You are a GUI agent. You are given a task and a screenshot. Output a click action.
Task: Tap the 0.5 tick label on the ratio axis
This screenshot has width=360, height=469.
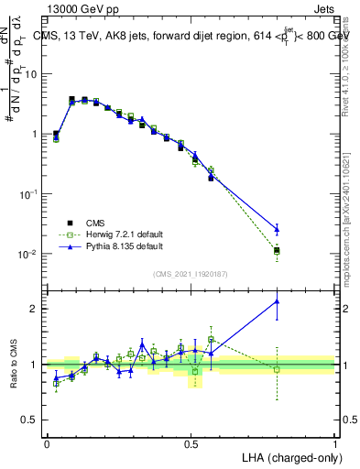[x=32, y=421]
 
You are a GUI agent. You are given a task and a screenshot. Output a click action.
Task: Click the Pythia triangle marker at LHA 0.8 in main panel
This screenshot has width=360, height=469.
[x=278, y=229]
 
